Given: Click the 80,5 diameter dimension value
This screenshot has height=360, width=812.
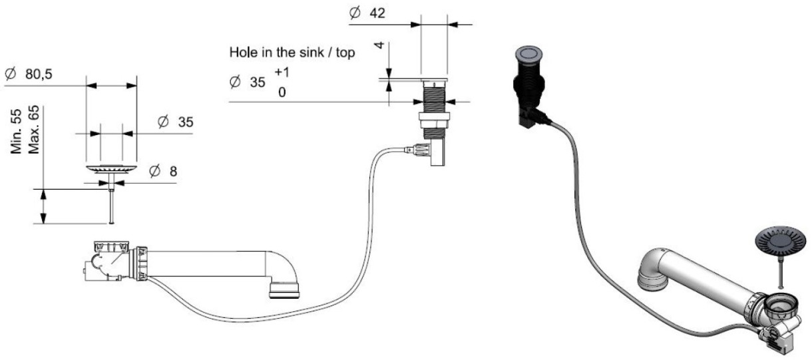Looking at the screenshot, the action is click(x=39, y=75).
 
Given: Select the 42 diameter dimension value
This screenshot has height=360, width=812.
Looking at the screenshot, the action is click(x=377, y=13).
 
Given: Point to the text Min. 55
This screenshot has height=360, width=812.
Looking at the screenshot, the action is click(x=17, y=131).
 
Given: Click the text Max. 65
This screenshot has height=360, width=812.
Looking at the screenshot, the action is click(x=33, y=129).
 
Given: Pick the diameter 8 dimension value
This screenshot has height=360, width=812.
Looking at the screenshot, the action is click(x=173, y=172).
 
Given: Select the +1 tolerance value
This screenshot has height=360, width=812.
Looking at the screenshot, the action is click(x=282, y=73).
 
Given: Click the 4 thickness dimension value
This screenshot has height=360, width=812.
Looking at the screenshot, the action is click(x=379, y=45).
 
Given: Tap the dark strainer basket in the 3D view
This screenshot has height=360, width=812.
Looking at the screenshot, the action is click(x=781, y=241).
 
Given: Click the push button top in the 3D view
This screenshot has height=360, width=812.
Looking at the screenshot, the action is click(x=528, y=53).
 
